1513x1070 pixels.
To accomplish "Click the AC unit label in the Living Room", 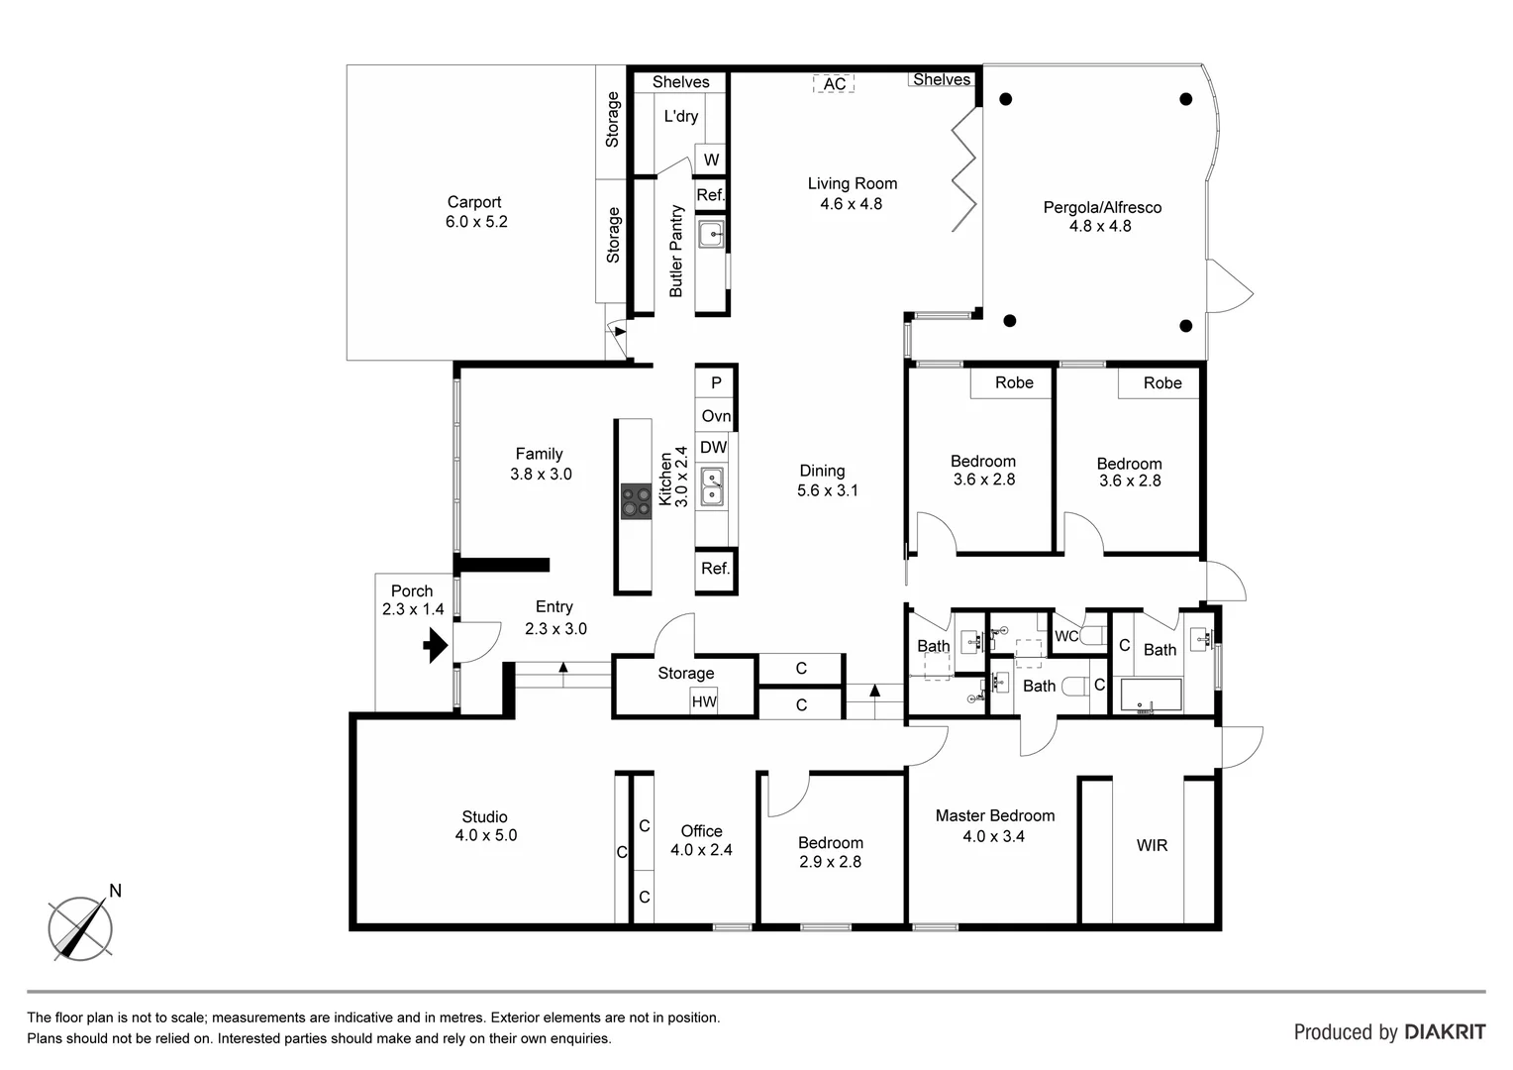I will [834, 84].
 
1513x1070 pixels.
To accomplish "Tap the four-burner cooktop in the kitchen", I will [635, 501].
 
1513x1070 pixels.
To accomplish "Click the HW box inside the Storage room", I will [704, 701].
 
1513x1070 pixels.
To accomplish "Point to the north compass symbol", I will [81, 927].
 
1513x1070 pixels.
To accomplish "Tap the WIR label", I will [1152, 845].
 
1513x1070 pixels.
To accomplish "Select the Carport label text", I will [474, 202].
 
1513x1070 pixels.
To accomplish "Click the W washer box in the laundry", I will [711, 160].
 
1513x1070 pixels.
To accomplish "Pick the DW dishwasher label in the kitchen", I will [713, 448].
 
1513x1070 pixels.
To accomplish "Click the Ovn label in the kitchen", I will [715, 416].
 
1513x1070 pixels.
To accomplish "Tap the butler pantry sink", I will [711, 236].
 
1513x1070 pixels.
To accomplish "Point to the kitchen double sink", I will [712, 486].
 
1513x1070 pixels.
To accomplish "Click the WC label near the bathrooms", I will [1066, 636].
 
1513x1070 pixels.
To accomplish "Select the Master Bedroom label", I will [994, 815].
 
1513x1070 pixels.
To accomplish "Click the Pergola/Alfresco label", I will [1101, 207].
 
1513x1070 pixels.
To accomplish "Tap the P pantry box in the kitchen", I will [715, 382].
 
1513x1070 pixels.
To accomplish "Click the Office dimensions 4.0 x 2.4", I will [701, 850].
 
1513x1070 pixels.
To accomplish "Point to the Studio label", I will [484, 816].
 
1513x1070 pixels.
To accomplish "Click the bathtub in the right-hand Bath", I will [1151, 695].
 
